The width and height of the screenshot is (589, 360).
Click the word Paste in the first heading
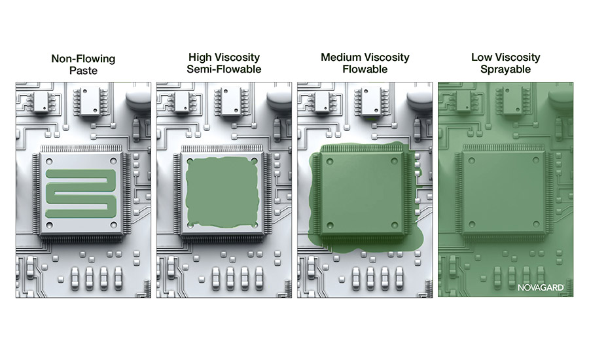click(83, 71)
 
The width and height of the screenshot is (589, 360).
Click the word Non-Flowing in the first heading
click(83, 59)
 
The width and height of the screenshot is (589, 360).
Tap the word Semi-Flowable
click(224, 69)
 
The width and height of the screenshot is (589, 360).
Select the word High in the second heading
click(200, 58)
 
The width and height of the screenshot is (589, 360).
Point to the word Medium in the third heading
click(341, 57)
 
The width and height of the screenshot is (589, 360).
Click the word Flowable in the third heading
click(365, 69)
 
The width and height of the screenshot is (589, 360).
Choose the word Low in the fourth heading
click(482, 57)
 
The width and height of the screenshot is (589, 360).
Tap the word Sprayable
click(506, 69)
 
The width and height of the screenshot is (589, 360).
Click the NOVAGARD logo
click(541, 287)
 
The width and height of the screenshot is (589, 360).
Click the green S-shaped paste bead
click(80, 194)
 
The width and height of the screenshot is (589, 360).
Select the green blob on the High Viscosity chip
click(223, 192)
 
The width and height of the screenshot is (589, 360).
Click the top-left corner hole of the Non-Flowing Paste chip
click(49, 162)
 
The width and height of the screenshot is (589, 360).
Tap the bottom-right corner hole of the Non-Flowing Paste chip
click(113, 225)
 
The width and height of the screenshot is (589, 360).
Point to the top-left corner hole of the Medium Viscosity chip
click(330, 162)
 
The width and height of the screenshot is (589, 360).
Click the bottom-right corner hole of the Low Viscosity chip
click(535, 225)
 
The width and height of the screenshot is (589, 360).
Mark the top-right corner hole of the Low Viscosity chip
click(535, 161)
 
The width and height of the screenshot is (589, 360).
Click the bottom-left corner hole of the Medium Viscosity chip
click(330, 225)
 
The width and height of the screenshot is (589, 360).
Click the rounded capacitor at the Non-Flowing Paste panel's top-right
click(138, 98)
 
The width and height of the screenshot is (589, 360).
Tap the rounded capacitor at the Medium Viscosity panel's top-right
click(419, 98)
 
